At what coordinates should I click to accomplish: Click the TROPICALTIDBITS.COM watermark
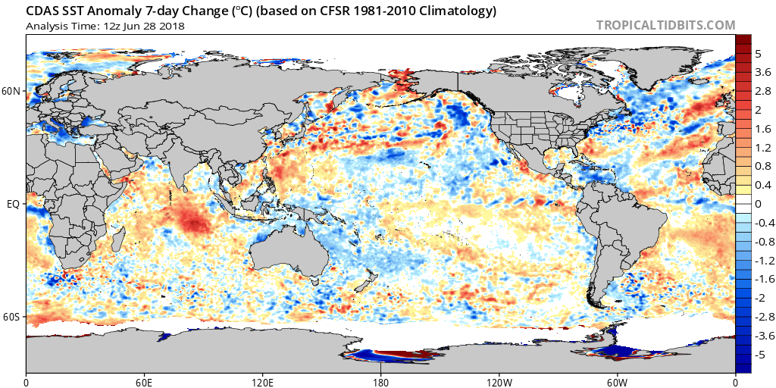665,25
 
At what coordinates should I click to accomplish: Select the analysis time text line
105,26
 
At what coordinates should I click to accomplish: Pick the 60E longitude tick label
144,382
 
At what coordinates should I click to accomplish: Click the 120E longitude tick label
262,382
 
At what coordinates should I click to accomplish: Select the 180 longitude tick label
380,382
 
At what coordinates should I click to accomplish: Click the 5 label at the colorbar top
759,54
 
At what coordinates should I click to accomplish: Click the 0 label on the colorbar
759,204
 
